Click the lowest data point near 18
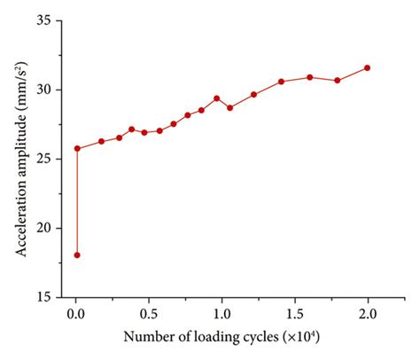click(x=77, y=255)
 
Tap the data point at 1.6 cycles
click(x=309, y=77)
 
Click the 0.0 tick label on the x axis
click(x=76, y=313)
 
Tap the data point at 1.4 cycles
click(x=281, y=82)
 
